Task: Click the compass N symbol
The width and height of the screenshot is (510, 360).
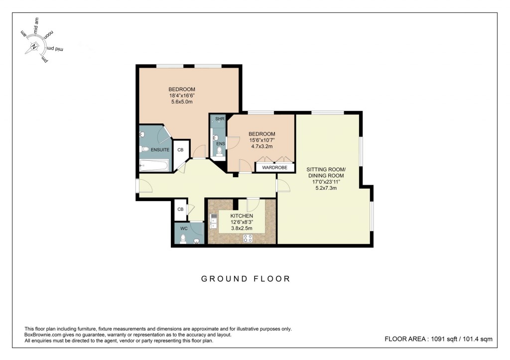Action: coord(34,47)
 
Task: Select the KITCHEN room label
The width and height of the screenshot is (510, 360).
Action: coord(242,216)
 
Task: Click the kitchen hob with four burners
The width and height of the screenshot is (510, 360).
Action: coord(247,239)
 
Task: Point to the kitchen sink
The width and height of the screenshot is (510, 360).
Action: coord(213,221)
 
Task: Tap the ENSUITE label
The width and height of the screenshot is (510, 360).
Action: coord(160,150)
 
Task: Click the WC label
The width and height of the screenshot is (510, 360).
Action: coord(183,229)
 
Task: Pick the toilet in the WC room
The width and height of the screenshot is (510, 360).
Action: coord(183,240)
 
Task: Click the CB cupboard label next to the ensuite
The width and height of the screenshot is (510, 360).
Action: coord(180,150)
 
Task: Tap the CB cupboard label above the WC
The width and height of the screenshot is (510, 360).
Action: coord(180,210)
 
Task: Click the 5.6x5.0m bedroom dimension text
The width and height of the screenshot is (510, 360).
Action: coord(181,102)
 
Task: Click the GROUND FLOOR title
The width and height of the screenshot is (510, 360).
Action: coord(246,279)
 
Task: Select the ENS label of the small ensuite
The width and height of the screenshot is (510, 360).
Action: coord(220,144)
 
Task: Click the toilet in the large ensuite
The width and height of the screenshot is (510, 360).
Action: coord(144,149)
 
